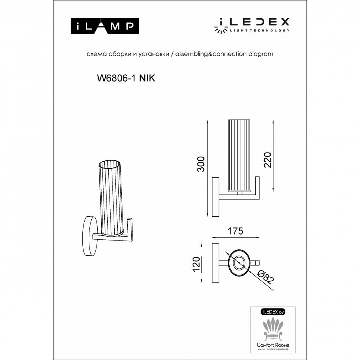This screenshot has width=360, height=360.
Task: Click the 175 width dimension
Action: [x=235, y=231]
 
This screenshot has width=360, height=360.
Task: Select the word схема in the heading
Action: [x=94, y=54]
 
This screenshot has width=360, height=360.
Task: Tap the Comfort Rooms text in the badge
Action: [x=273, y=345]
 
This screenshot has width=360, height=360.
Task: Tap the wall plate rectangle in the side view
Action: [x=215, y=197]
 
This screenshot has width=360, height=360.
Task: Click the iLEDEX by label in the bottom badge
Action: [x=273, y=312]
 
